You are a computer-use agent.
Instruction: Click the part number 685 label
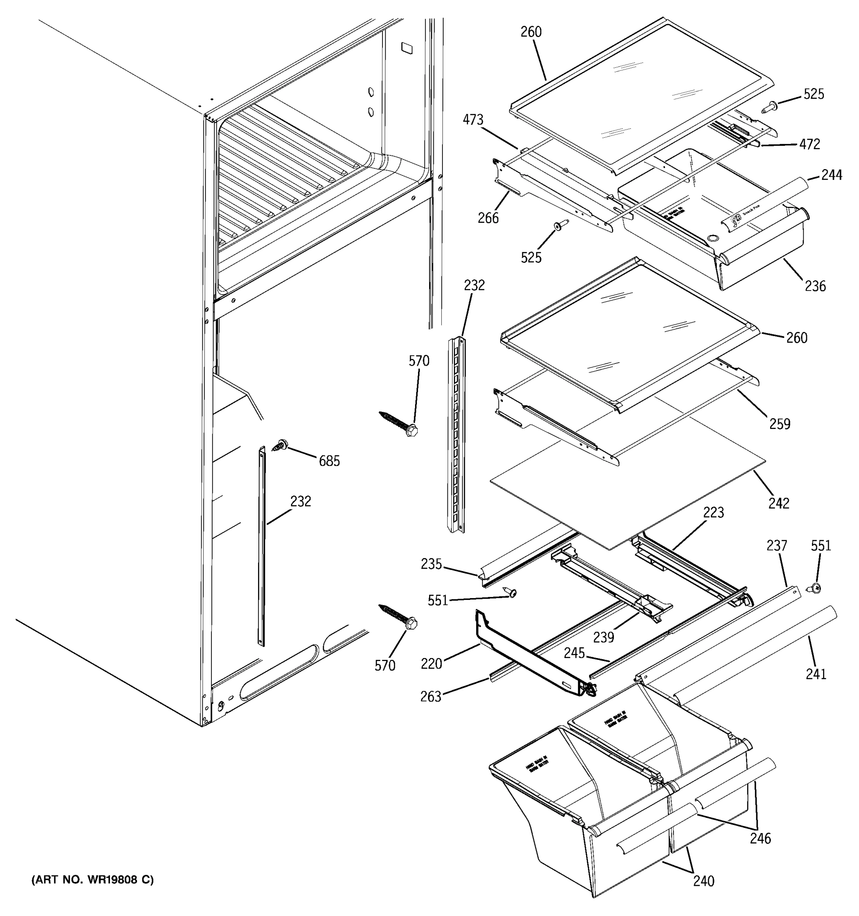[329, 461]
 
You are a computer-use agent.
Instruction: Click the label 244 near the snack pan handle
[832, 175]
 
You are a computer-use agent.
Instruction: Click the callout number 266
[488, 218]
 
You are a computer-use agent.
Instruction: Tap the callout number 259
[780, 424]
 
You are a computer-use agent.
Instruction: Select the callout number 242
[779, 503]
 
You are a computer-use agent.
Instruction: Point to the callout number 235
[431, 564]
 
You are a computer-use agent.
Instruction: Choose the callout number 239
[604, 637]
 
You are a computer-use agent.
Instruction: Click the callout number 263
[431, 696]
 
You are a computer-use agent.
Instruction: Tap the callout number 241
[816, 674]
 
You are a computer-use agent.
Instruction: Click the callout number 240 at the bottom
[704, 881]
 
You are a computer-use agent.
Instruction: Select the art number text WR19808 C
[92, 880]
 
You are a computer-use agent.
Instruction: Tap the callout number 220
[431, 664]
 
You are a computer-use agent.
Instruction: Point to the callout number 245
[574, 653]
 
